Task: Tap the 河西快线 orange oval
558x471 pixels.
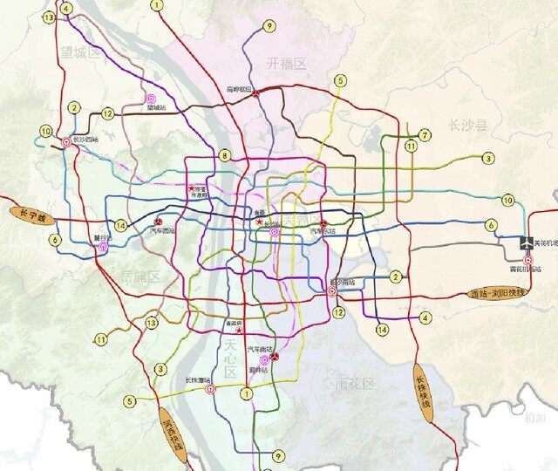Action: pos(174,433)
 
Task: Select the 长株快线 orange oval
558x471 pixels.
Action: pos(423,394)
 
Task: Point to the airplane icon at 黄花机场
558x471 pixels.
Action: pos(527,243)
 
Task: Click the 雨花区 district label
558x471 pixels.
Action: pos(354,384)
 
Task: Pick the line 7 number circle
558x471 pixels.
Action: pos(425,135)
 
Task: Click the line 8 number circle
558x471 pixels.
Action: pos(225,156)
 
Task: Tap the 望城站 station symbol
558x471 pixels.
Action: pos(153,99)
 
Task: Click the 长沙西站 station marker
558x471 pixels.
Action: pos(66,140)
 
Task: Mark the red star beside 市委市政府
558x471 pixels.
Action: pos(192,187)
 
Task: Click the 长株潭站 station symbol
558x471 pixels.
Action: pos(210,389)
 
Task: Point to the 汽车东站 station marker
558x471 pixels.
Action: pos(323,222)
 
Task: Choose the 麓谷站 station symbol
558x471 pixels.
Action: pos(103,246)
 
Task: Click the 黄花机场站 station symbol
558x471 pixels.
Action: pos(527,260)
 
